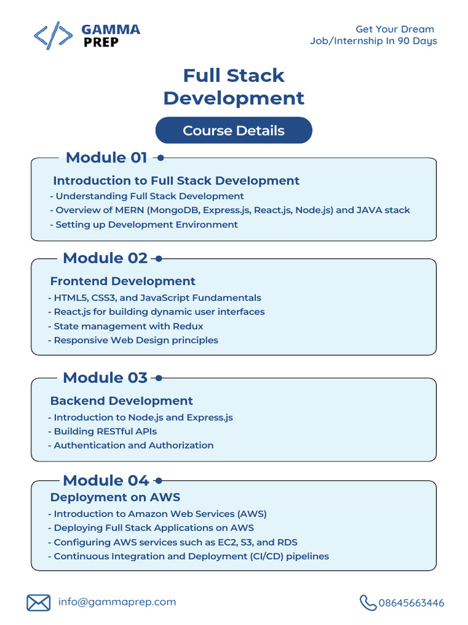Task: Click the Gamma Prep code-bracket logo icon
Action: pyautogui.click(x=54, y=35)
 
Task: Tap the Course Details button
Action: pyautogui.click(x=233, y=131)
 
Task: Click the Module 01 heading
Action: pyautogui.click(x=106, y=157)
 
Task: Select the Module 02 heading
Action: pyautogui.click(x=105, y=258)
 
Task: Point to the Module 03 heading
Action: pyautogui.click(x=105, y=378)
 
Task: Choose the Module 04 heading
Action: pyautogui.click(x=105, y=480)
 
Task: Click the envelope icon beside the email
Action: pyautogui.click(x=38, y=603)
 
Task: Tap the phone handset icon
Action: pyautogui.click(x=367, y=603)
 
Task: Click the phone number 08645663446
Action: pyautogui.click(x=411, y=603)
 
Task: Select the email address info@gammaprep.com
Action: pyautogui.click(x=117, y=602)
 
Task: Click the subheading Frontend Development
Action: pyautogui.click(x=122, y=281)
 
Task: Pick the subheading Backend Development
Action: pyautogui.click(x=121, y=401)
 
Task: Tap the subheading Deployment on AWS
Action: pyautogui.click(x=115, y=497)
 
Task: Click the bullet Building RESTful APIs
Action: pyautogui.click(x=105, y=432)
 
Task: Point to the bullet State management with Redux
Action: pyautogui.click(x=128, y=326)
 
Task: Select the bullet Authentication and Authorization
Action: pyautogui.click(x=133, y=446)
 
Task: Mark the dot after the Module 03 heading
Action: pyautogui.click(x=158, y=378)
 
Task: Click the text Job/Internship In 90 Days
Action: pyautogui.click(x=373, y=41)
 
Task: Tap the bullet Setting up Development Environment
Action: pyautogui.click(x=146, y=225)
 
